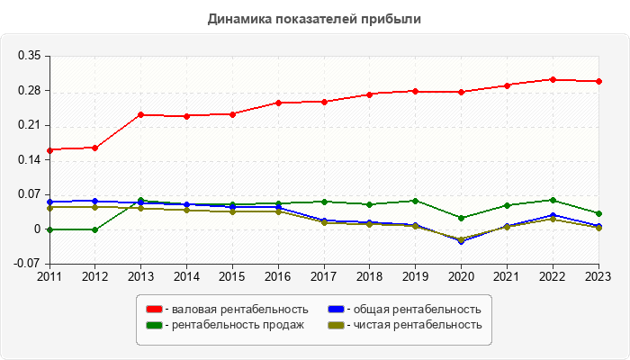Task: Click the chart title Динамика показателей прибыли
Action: pos(314,18)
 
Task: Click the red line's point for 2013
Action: pos(140,114)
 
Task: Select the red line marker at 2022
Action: pos(553,79)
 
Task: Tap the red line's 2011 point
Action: pos(49,150)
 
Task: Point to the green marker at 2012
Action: pos(94,229)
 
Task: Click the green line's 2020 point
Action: pos(461,218)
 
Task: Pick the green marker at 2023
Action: pos(598,213)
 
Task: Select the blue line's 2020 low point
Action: pos(461,241)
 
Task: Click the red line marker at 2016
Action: pos(278,103)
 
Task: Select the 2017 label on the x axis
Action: pos(323,276)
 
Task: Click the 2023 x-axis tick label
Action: pos(598,276)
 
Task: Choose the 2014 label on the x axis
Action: pos(186,276)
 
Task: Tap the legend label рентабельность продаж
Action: pos(236,325)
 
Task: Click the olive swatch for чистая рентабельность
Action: pos(334,325)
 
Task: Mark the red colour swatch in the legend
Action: pos(153,310)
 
